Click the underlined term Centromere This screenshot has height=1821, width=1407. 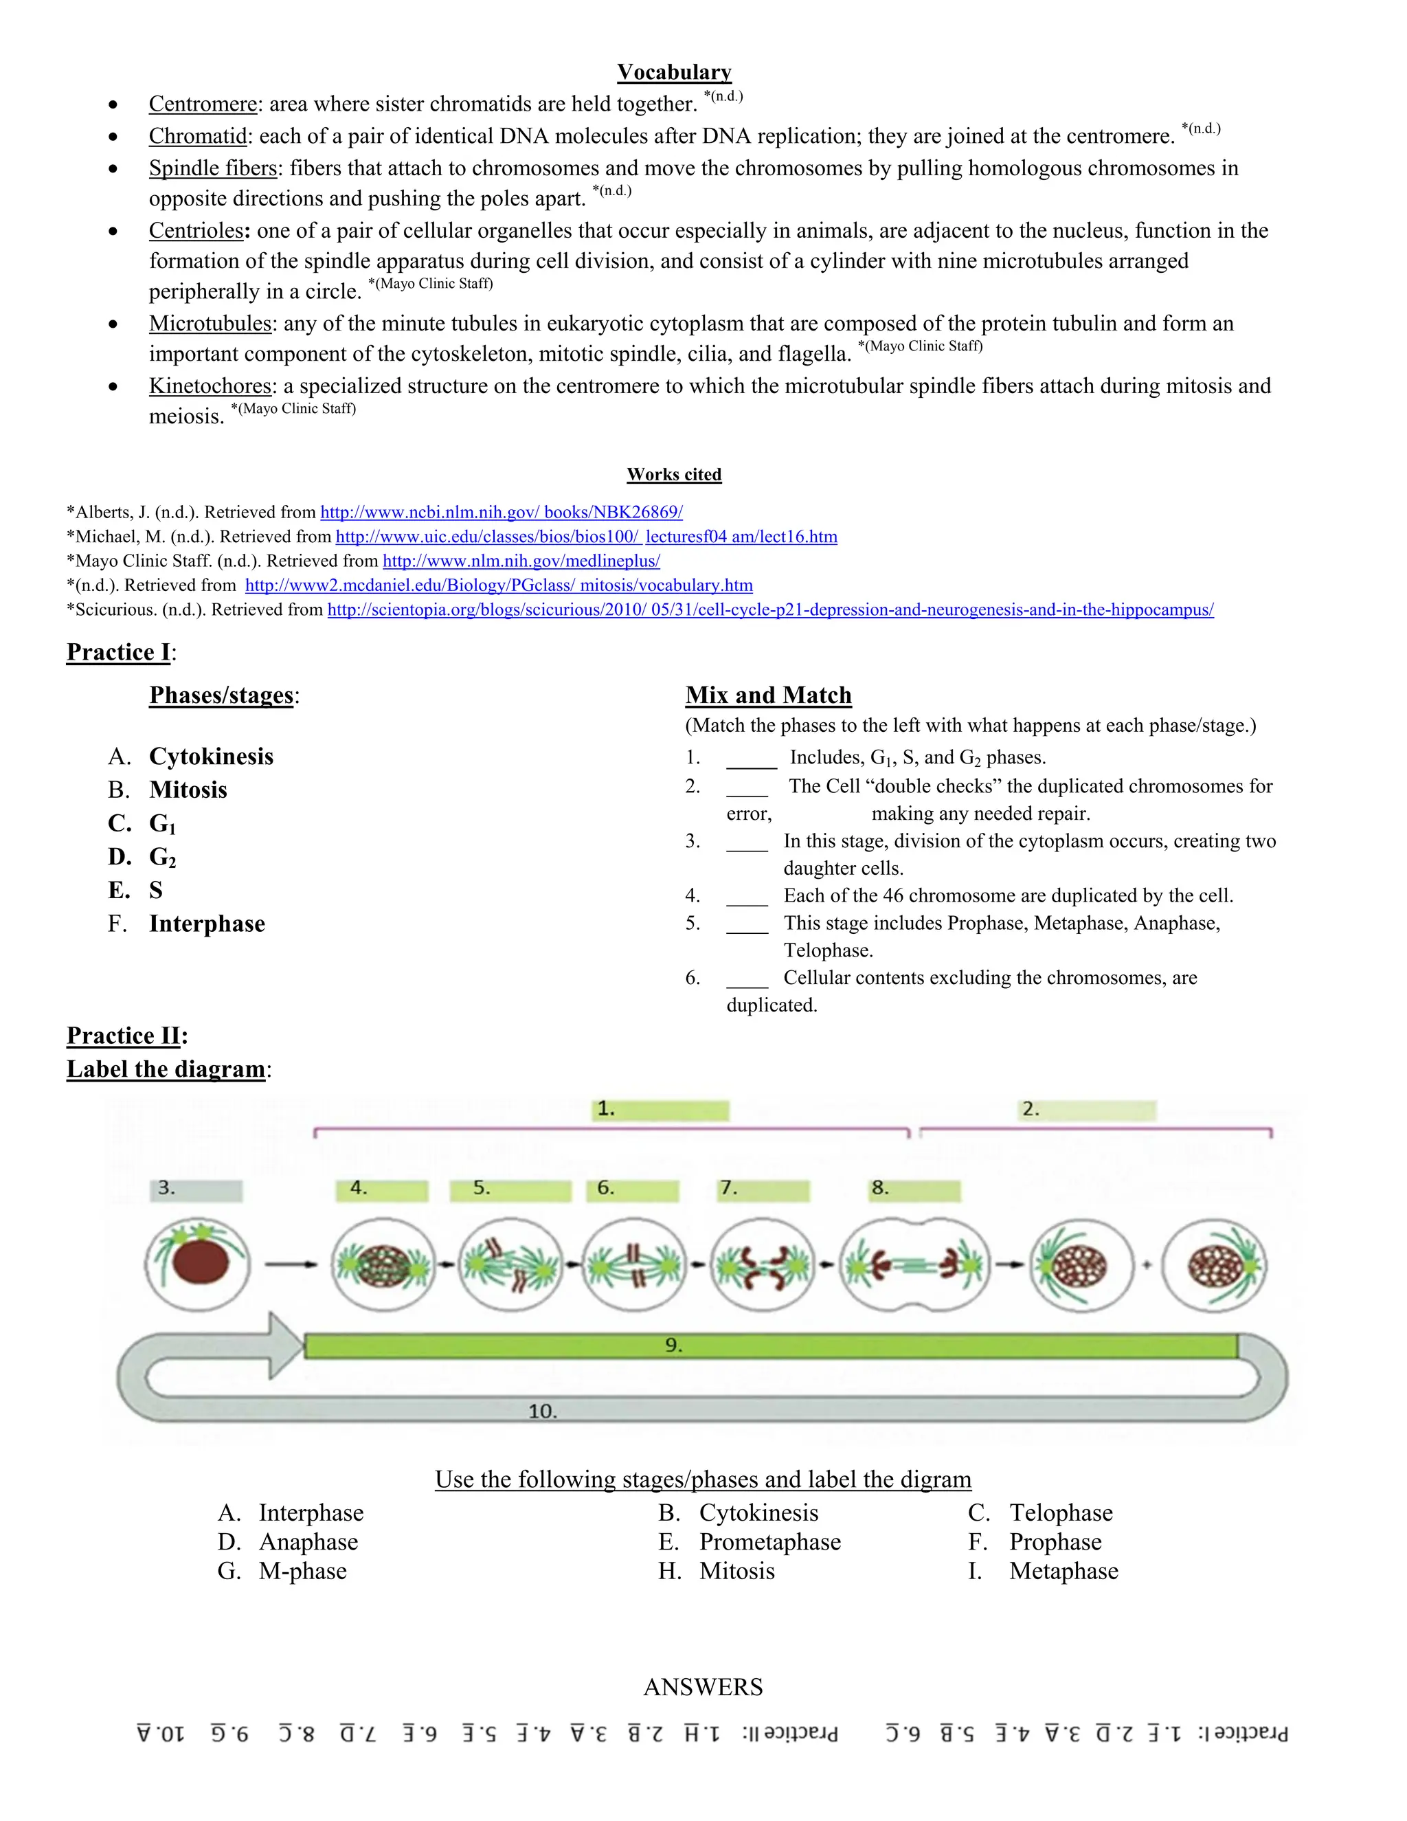[203, 104]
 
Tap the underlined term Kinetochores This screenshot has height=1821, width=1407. [210, 386]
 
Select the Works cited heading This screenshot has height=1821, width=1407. [675, 474]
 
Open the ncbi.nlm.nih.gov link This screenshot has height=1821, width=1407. [501, 512]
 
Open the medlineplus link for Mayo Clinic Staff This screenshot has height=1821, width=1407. [521, 561]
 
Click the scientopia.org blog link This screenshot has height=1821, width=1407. [770, 610]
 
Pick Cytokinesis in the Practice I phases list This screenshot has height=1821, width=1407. [211, 757]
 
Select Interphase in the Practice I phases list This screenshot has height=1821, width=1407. [207, 924]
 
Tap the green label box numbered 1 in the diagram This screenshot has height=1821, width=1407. [661, 1110]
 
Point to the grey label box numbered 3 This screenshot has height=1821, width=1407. [196, 1189]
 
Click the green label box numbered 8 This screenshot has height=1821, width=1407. [914, 1189]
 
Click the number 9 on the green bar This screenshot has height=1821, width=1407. [673, 1345]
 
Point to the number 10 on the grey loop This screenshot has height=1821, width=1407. [543, 1411]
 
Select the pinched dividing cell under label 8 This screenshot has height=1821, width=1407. [915, 1266]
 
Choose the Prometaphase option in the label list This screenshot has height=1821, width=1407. [769, 1542]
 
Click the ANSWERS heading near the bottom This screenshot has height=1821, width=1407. [703, 1687]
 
